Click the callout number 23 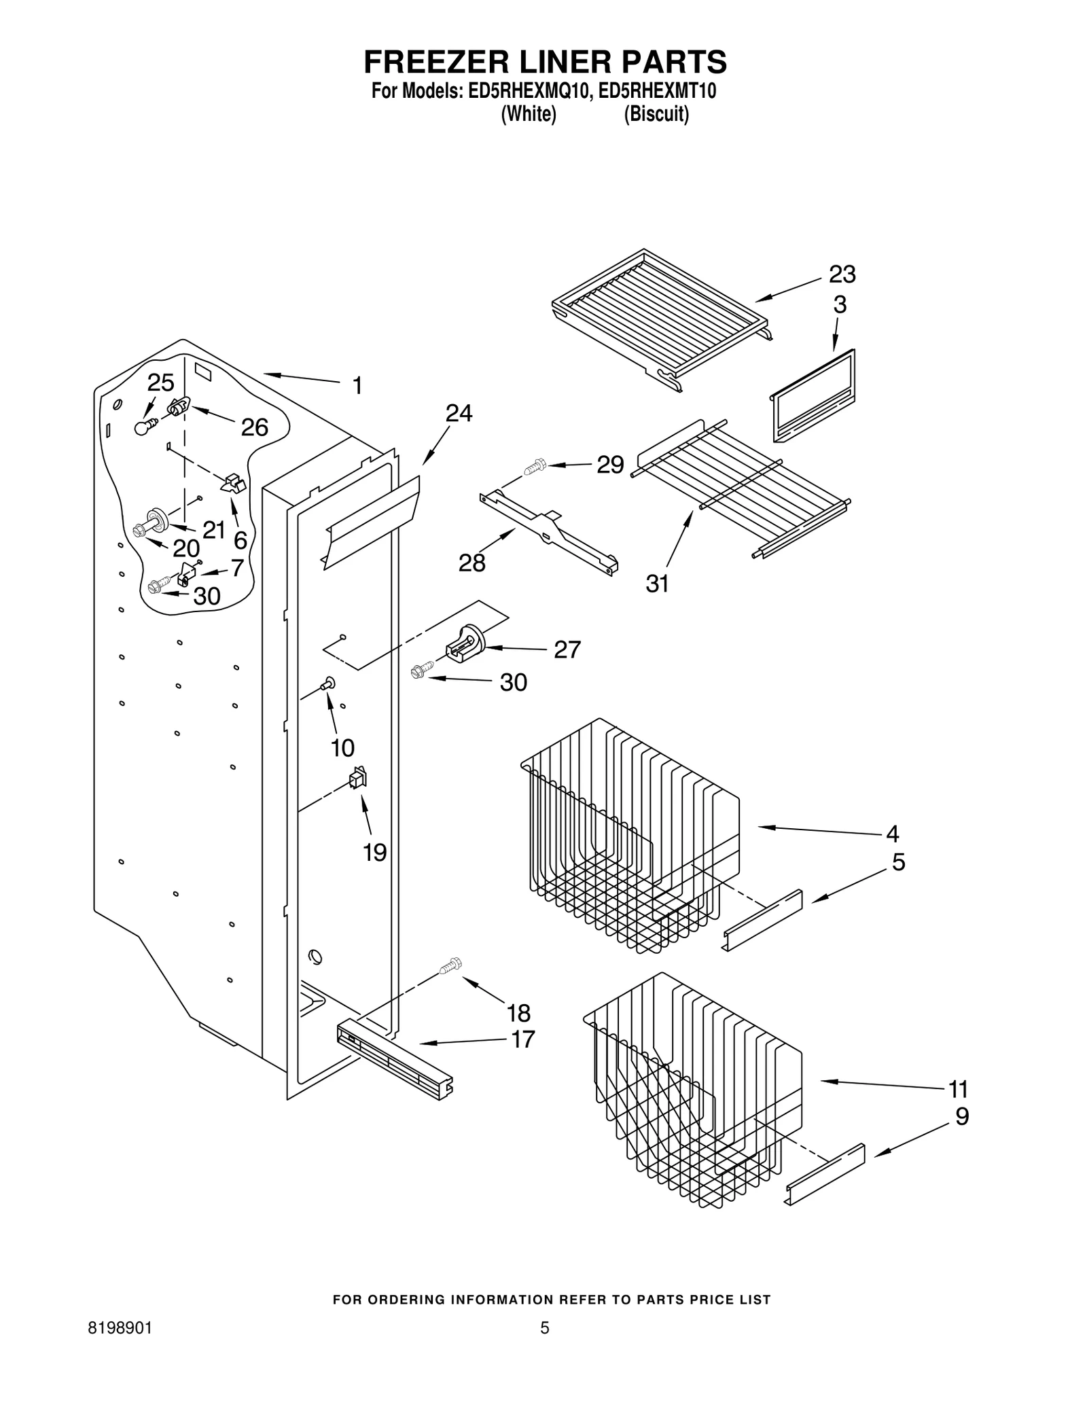pos(841,274)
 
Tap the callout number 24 pos(459,413)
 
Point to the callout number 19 pos(374,852)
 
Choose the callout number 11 pos(958,1089)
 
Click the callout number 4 pos(892,833)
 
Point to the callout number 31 pos(657,584)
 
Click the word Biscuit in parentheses pos(656,114)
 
